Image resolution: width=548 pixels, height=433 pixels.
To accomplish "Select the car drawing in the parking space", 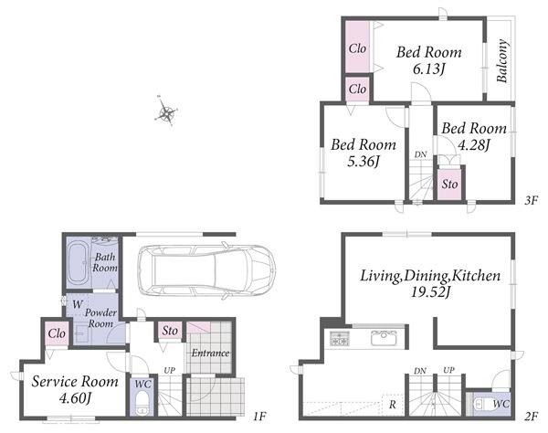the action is coord(206,270).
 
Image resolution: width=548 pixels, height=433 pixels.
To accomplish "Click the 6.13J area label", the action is coord(429,69).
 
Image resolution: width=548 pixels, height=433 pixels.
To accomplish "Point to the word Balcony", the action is coord(501,60).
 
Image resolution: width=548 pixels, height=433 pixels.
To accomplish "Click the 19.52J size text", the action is coord(430,292).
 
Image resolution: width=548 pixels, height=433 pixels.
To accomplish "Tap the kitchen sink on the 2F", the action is coord(384,338).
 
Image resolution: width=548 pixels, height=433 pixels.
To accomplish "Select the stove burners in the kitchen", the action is coord(340,338).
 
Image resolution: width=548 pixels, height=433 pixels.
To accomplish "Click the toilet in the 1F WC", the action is coord(142,404).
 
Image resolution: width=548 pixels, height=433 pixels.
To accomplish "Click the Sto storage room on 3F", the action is coord(449,185).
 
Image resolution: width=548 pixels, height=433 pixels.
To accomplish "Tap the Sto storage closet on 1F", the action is coord(170,331).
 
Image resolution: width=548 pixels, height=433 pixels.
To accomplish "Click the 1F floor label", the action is coord(259,417).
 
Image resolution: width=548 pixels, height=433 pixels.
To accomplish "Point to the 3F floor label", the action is coord(531,201).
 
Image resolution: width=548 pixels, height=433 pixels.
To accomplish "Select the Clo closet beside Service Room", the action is coord(57,333).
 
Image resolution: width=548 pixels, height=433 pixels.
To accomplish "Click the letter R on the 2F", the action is coord(393,405).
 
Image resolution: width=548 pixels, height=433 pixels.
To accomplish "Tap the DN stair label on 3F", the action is coord(420,154).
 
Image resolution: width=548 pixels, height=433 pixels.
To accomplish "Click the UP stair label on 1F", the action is coord(170,370).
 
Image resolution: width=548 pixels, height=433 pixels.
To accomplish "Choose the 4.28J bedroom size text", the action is coord(473,145).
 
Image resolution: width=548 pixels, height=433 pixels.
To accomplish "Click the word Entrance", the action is coord(210,353).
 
